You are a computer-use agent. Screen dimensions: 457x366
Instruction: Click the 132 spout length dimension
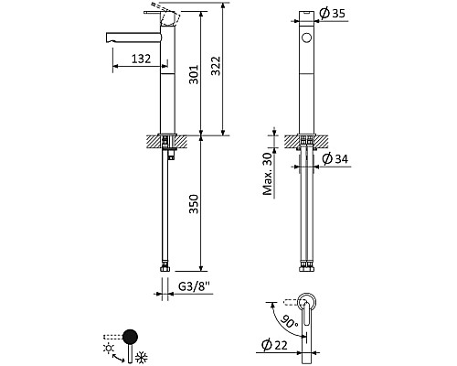pyautogui.click(x=141, y=59)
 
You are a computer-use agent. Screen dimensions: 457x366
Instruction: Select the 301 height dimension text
pyautogui.click(x=194, y=74)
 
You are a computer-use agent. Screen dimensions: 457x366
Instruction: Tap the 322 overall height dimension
pyautogui.click(x=216, y=66)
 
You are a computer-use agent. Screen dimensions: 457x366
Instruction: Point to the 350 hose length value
pyautogui.click(x=194, y=204)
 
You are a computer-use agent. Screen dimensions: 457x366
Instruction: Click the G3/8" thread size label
pyautogui.click(x=194, y=286)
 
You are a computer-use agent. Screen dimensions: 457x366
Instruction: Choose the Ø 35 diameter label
pyautogui.click(x=333, y=13)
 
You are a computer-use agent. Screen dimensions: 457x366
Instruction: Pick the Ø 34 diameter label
pyautogui.click(x=335, y=158)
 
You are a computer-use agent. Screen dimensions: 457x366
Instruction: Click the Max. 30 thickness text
pyautogui.click(x=268, y=174)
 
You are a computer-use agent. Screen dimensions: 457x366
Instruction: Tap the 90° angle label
pyautogui.click(x=288, y=321)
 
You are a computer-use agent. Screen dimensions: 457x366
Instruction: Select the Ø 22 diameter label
pyautogui.click(x=274, y=345)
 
